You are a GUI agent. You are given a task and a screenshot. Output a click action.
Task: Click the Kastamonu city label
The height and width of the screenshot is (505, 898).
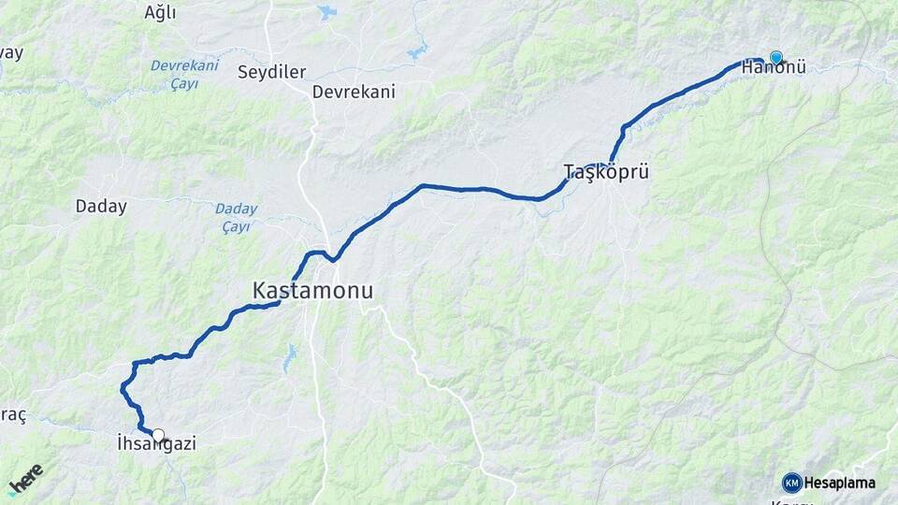pyautogui.click(x=312, y=292)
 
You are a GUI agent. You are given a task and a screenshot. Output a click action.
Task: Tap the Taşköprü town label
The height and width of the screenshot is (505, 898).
pyautogui.click(x=606, y=171)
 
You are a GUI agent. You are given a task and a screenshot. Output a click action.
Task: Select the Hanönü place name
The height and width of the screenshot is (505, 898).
pyautogui.click(x=774, y=68)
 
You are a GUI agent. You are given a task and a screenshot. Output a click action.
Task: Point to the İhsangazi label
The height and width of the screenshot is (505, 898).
pyautogui.click(x=156, y=444)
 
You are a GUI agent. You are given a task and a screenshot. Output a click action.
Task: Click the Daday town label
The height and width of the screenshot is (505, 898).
pyautogui.click(x=101, y=207)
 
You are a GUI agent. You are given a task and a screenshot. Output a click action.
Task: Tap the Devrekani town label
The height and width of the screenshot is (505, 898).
pyautogui.click(x=354, y=92)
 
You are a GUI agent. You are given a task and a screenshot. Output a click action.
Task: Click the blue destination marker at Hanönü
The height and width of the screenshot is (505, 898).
pyautogui.click(x=775, y=57)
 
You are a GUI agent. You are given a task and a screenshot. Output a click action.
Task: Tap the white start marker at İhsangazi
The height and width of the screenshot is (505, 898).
pyautogui.click(x=158, y=435)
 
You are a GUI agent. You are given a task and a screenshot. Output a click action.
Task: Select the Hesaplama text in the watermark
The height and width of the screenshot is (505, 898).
pyautogui.click(x=841, y=483)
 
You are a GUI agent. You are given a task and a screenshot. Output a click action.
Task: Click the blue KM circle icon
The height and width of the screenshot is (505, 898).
pyautogui.click(x=792, y=483)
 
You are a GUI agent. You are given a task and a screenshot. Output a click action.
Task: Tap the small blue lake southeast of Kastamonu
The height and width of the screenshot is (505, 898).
pyautogui.click(x=290, y=355)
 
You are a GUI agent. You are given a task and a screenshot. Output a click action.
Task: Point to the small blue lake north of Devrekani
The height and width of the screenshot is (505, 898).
pyautogui.click(x=326, y=12)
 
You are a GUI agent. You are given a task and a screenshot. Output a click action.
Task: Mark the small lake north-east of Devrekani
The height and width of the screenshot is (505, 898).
pyautogui.click(x=417, y=49)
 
